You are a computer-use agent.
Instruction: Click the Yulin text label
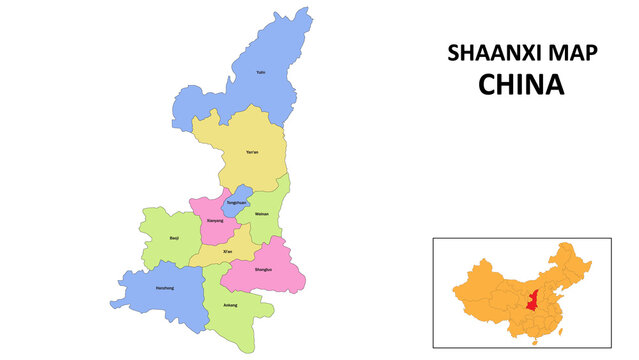[261, 73]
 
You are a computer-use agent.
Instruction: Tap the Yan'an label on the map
[252, 152]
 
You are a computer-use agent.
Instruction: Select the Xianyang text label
[215, 220]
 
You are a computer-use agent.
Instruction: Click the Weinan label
[262, 214]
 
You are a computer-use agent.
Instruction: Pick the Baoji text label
[174, 238]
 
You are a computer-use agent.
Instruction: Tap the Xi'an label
[228, 250]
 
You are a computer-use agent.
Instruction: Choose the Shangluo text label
[262, 270]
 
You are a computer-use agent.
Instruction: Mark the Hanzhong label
[165, 288]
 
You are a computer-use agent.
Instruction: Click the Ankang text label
[230, 304]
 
